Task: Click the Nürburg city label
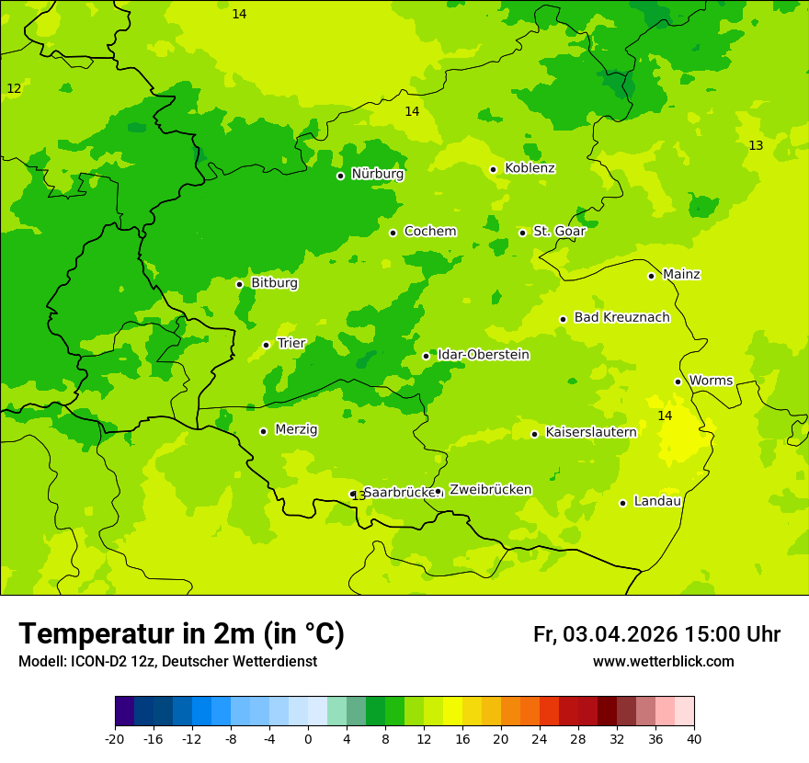[377, 174]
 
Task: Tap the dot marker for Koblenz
[494, 169]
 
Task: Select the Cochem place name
[430, 232]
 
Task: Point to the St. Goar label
[559, 232]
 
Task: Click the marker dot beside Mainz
[651, 276]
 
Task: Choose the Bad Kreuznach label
[621, 317]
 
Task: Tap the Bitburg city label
[274, 283]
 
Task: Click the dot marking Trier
[267, 345]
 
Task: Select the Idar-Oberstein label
[484, 355]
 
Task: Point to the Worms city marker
[678, 381]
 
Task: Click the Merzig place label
[296, 429]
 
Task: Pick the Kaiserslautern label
[591, 432]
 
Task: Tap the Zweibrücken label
[490, 490]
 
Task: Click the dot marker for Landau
[623, 503]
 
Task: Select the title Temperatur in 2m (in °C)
[181, 634]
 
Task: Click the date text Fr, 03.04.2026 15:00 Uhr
[656, 634]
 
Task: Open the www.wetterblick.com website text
[663, 662]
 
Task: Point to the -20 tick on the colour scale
[115, 739]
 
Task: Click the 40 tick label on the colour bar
[694, 739]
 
